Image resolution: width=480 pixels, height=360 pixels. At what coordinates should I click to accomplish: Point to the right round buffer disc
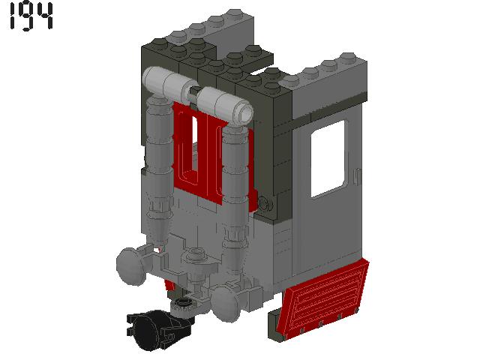pyautogui.click(x=227, y=302)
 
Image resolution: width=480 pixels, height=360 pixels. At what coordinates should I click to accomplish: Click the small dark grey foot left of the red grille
pyautogui.click(x=274, y=319)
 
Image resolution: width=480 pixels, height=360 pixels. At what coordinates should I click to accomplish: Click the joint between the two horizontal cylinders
pyautogui.click(x=193, y=93)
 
